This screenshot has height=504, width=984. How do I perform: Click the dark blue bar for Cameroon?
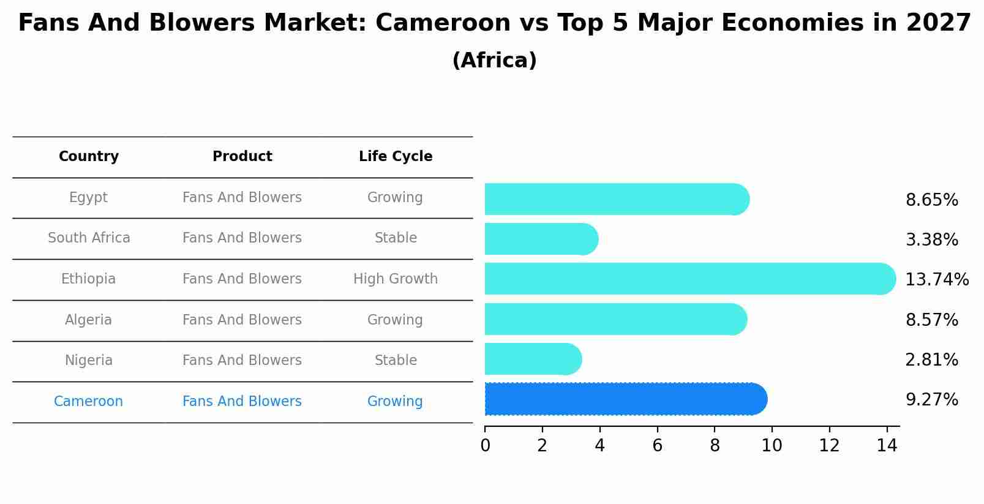point(625,399)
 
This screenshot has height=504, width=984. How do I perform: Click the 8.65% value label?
point(931,200)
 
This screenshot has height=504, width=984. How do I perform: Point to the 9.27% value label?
point(931,400)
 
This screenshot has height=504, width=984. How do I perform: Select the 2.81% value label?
point(931,360)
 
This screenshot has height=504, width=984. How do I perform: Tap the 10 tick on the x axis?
point(772,446)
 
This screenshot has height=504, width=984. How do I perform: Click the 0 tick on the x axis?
point(485,446)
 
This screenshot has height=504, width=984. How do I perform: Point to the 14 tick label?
point(886,446)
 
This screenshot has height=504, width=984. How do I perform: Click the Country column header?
point(89,157)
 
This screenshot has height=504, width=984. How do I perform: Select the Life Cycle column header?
point(396,157)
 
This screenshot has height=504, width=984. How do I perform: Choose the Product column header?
point(242,157)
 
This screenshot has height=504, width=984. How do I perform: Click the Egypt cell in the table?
point(88,198)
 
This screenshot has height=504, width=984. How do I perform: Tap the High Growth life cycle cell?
point(396,279)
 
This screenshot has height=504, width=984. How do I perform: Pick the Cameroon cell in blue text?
point(88,402)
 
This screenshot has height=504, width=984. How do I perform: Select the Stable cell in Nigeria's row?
point(396,361)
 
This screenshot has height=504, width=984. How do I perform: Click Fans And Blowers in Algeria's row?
point(242,320)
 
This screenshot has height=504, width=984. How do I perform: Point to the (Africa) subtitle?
point(494,61)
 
